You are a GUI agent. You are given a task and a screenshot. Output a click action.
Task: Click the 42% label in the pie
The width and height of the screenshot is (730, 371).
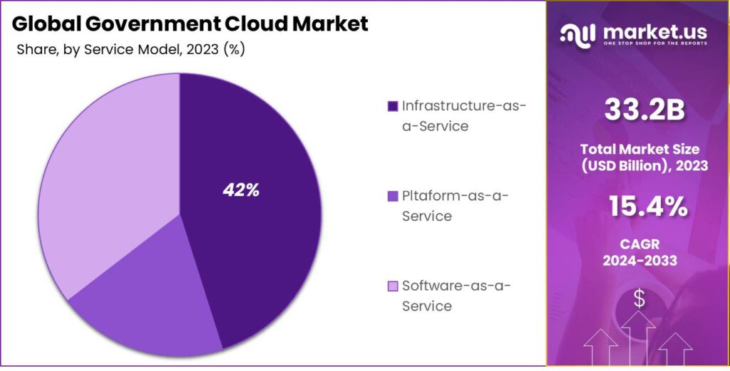click(x=241, y=190)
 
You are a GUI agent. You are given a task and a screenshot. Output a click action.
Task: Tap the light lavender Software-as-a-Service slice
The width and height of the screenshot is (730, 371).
click(x=100, y=178)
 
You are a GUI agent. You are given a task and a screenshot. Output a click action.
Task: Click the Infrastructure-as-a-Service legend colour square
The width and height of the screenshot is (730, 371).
click(x=392, y=107)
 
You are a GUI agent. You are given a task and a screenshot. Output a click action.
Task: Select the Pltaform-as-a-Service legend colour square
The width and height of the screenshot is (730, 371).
click(x=392, y=197)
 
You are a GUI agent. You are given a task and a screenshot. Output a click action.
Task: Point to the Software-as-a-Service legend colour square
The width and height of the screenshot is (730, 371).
click(x=392, y=286)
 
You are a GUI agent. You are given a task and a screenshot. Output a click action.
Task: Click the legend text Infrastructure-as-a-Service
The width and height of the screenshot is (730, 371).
click(x=463, y=116)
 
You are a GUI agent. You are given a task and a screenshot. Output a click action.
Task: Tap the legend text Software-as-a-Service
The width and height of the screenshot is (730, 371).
click(x=456, y=296)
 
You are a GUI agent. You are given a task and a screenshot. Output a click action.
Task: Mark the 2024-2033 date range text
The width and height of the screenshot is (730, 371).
click(x=639, y=261)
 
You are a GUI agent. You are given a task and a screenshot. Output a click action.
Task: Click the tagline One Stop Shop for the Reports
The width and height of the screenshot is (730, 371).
click(x=655, y=43)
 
